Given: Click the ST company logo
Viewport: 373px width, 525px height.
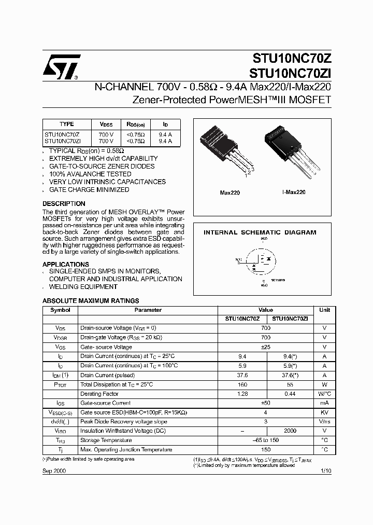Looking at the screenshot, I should [61, 67].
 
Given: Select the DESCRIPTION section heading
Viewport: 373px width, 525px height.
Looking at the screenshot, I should [64, 204].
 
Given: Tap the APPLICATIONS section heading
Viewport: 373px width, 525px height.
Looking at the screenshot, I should [66, 264].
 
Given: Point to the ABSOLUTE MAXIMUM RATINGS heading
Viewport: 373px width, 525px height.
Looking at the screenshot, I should [91, 301].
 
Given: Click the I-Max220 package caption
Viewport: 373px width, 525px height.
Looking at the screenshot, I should [294, 192].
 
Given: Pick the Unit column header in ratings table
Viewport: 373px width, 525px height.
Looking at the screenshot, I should [324, 310].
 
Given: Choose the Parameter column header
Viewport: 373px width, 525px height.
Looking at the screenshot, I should [148, 310].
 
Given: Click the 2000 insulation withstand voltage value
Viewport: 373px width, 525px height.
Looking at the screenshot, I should [290, 431].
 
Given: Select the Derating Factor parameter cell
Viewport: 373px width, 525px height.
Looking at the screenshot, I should [99, 394].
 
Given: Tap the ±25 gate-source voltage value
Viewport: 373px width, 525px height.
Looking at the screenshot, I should [266, 347].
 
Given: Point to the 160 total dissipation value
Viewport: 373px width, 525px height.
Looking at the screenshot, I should [242, 384].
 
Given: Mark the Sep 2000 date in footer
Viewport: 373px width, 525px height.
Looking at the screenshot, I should [54, 470].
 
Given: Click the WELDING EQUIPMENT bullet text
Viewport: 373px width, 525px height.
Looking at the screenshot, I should [83, 287].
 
